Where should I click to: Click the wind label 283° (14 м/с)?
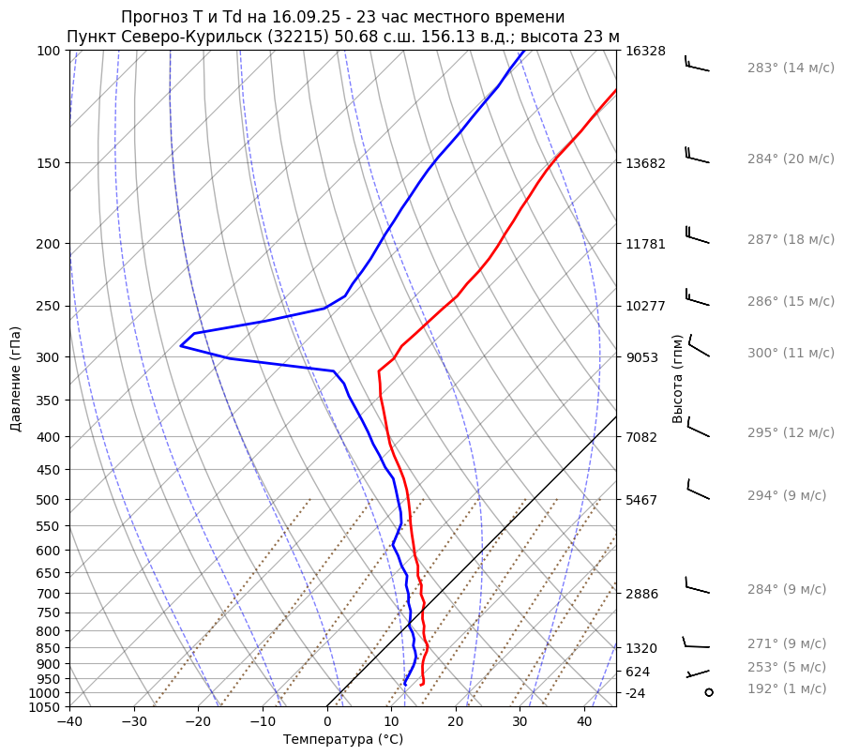tap(791, 68)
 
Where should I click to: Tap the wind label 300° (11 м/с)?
tap(791, 354)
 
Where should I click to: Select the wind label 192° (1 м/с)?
tap(787, 689)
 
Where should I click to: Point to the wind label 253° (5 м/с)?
tap(787, 668)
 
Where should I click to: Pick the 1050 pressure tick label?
tap(48, 707)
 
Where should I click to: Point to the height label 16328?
tap(645, 51)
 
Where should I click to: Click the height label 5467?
tap(641, 500)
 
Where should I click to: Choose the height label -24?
tap(636, 693)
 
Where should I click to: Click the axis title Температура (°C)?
tap(343, 740)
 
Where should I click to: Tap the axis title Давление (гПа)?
tap(16, 379)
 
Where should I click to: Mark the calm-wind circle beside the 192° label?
tap(709, 692)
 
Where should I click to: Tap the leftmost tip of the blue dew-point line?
tap(181, 346)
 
